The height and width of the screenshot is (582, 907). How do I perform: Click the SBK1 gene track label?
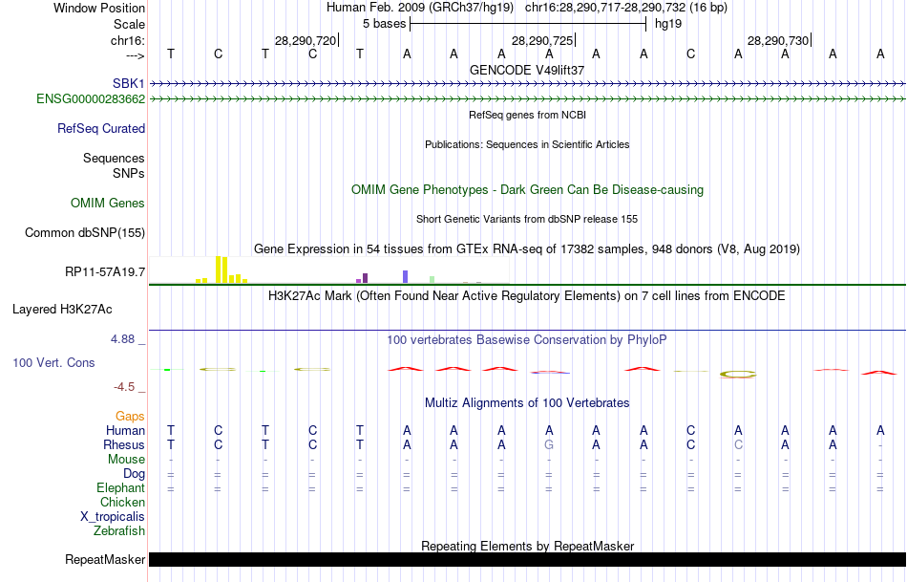(x=128, y=84)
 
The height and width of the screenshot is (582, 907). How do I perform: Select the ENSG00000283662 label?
(x=91, y=98)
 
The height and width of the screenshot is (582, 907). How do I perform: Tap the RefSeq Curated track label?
(x=101, y=128)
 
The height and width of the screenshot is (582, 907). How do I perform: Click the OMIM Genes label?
(x=108, y=203)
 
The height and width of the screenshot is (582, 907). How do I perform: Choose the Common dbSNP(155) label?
(x=85, y=232)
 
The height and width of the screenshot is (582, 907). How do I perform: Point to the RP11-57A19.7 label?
(x=105, y=272)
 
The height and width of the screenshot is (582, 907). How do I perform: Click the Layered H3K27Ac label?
(x=62, y=309)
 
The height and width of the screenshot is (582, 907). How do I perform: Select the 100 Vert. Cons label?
(x=53, y=363)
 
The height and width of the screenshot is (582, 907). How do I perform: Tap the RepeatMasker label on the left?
(x=105, y=559)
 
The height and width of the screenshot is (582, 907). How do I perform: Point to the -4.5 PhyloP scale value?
(x=129, y=387)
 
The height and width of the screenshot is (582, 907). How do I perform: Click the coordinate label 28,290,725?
(x=542, y=40)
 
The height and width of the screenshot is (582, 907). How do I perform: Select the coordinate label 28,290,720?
(x=306, y=40)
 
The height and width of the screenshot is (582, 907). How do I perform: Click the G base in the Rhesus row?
(x=548, y=444)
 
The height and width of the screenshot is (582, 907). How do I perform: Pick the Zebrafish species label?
(x=119, y=530)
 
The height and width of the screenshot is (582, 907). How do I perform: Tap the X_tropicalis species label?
(x=113, y=516)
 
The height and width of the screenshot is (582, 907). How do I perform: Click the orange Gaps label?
(x=130, y=416)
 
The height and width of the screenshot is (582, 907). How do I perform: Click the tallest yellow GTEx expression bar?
(x=219, y=269)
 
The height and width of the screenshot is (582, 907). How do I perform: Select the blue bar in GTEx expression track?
(x=405, y=276)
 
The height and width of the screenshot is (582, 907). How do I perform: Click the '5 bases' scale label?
(x=383, y=23)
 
